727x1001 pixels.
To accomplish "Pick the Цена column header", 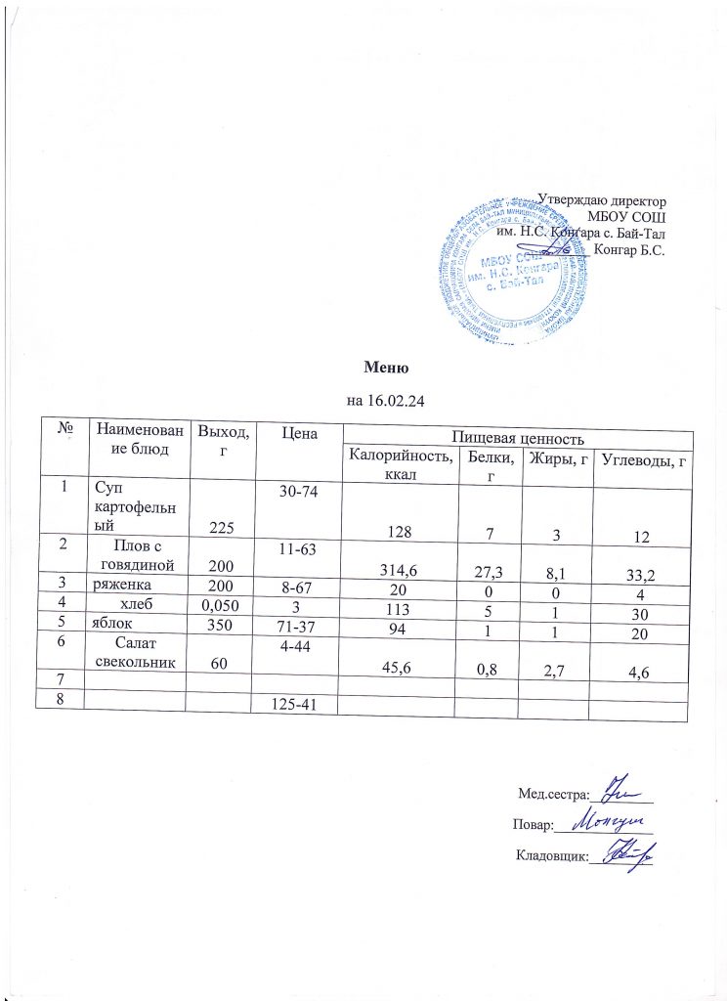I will [297, 432].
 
